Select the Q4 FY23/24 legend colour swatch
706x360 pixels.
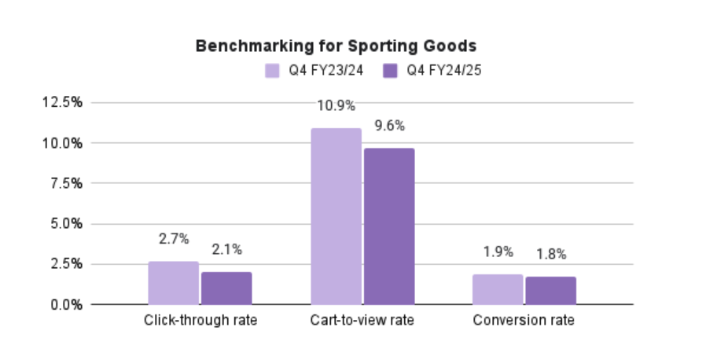click(272, 71)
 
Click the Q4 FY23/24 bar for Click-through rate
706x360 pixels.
click(174, 283)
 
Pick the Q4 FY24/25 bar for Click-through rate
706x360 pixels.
click(226, 288)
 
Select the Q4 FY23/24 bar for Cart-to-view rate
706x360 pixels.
click(336, 216)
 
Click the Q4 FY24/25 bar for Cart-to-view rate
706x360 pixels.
click(388, 226)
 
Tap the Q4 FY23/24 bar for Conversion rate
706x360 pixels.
click(498, 289)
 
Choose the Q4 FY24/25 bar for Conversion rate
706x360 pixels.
click(550, 290)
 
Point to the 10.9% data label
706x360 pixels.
click(336, 105)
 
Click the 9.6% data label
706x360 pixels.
click(388, 126)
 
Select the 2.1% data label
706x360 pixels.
click(226, 250)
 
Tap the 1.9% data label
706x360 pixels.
click(498, 252)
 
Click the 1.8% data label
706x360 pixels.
click(550, 254)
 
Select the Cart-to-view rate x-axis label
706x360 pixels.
click(362, 321)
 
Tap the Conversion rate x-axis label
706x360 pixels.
click(524, 321)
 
